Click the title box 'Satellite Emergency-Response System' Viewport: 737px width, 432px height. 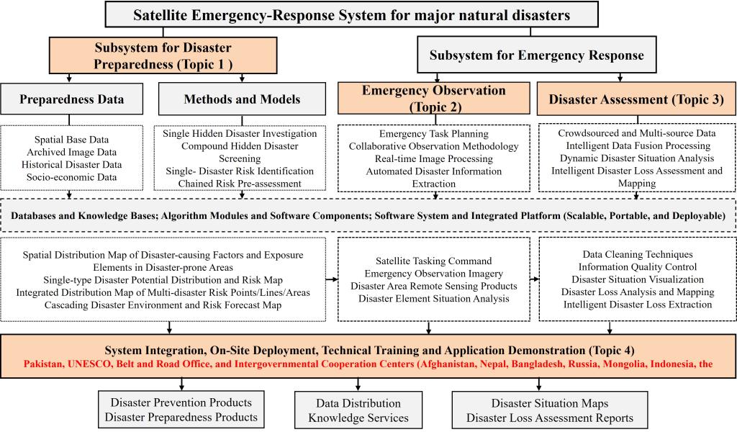coord(352,14)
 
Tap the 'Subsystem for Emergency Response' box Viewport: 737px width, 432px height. coord(536,55)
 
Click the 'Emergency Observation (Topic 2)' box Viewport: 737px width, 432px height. coord(434,99)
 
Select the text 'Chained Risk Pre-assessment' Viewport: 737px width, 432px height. coord(238,184)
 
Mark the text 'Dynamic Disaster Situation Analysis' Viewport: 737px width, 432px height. coord(636,158)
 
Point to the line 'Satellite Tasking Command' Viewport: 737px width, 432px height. coord(434,261)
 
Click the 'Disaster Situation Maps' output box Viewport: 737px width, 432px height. coord(549,402)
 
